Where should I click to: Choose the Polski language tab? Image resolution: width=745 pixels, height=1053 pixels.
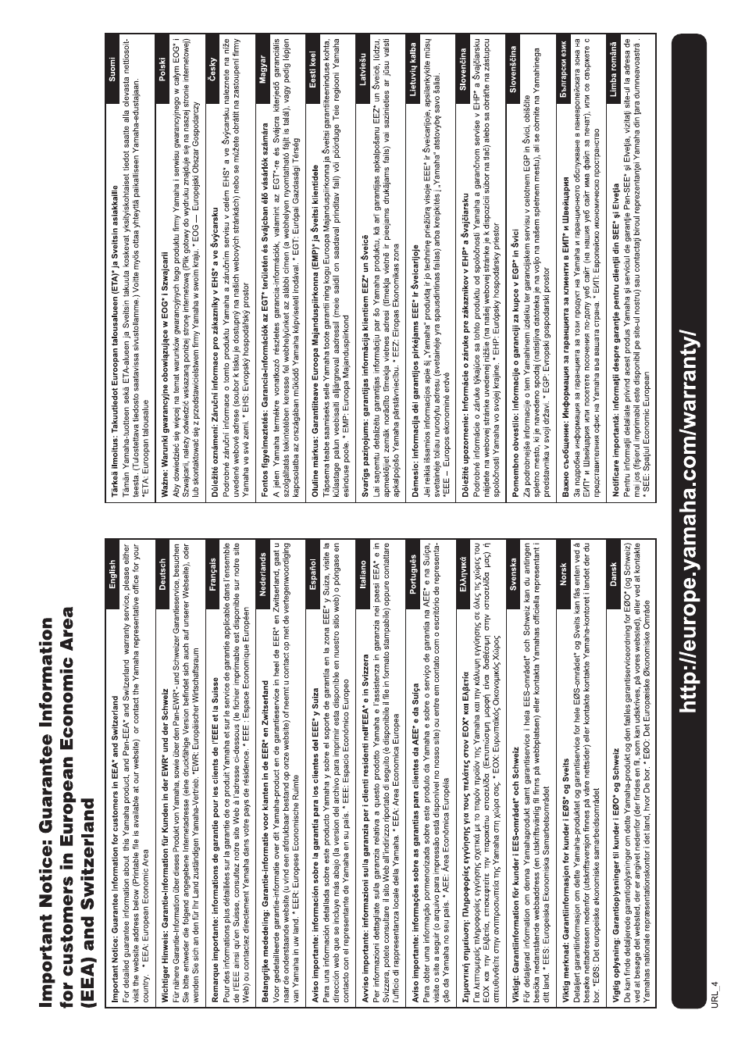162,72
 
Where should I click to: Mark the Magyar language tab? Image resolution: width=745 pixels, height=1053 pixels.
263,72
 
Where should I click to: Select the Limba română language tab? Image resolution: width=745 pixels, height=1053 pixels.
613,66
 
